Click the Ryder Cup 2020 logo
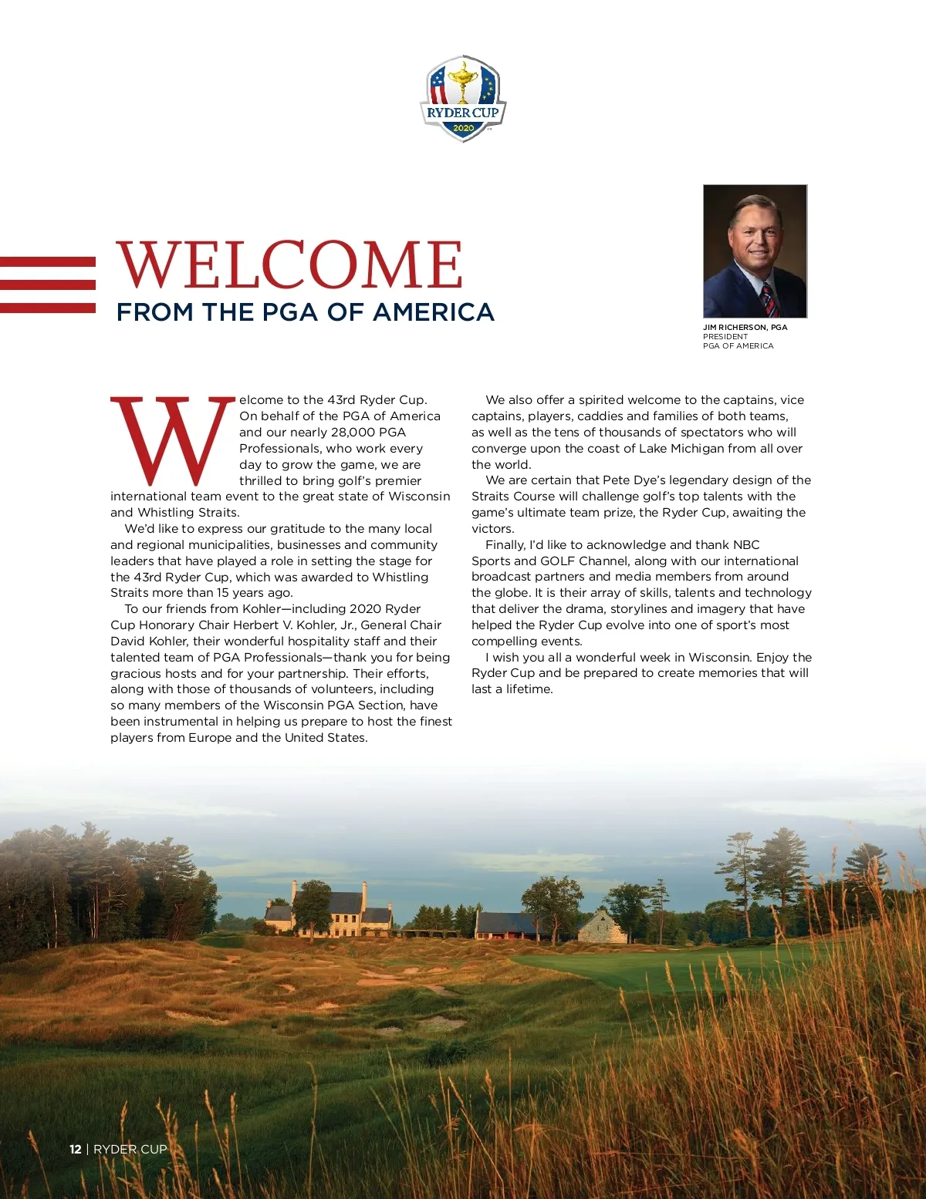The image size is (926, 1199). click(x=463, y=98)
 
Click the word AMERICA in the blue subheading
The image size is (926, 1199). click(x=434, y=312)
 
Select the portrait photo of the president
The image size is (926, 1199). click(x=755, y=251)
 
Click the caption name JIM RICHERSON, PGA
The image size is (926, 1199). click(x=745, y=327)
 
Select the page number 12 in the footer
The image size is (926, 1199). click(x=75, y=1149)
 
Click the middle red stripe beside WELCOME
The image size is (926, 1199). click(x=48, y=285)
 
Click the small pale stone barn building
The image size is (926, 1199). click(x=602, y=928)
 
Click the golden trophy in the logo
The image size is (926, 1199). click(x=463, y=80)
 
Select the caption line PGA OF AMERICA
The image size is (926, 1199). click(x=738, y=346)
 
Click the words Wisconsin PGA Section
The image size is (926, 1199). click(x=334, y=706)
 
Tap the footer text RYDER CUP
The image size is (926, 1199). click(x=130, y=1149)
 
